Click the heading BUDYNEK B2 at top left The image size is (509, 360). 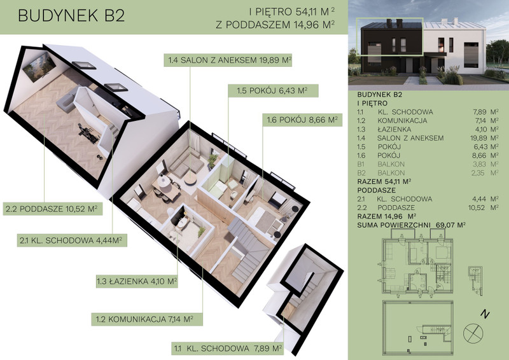[71, 16]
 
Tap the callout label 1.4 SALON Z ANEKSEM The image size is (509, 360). [228, 60]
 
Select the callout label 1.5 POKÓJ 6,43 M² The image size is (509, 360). [273, 90]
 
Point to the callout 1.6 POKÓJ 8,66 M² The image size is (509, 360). [302, 120]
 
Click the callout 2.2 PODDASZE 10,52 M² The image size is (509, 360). [53, 209]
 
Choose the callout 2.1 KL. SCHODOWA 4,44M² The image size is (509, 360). [72, 240]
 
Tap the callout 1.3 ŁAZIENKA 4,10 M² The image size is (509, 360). [137, 281]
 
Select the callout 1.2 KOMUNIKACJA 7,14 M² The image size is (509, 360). [147, 319]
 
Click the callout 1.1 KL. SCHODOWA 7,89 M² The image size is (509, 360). [228, 349]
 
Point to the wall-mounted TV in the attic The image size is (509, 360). [39, 67]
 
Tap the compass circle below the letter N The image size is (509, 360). [473, 333]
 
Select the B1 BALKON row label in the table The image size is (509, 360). [380, 164]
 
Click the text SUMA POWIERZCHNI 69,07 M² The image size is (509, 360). [412, 225]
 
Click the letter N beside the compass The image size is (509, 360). [485, 314]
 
